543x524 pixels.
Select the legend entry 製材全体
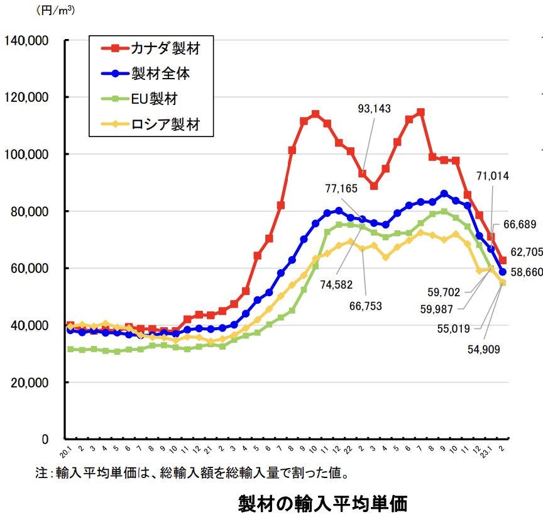pyautogui.click(x=160, y=73)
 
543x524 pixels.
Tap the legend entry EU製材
pyautogui.click(x=154, y=99)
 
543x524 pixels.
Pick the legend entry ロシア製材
pyautogui.click(x=165, y=125)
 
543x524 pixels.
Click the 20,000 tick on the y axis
pyautogui.click(x=30, y=382)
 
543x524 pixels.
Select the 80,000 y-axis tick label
pyautogui.click(x=30, y=211)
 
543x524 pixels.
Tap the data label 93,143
pyautogui.click(x=374, y=109)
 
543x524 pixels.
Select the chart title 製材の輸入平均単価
pyautogui.click(x=323, y=504)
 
